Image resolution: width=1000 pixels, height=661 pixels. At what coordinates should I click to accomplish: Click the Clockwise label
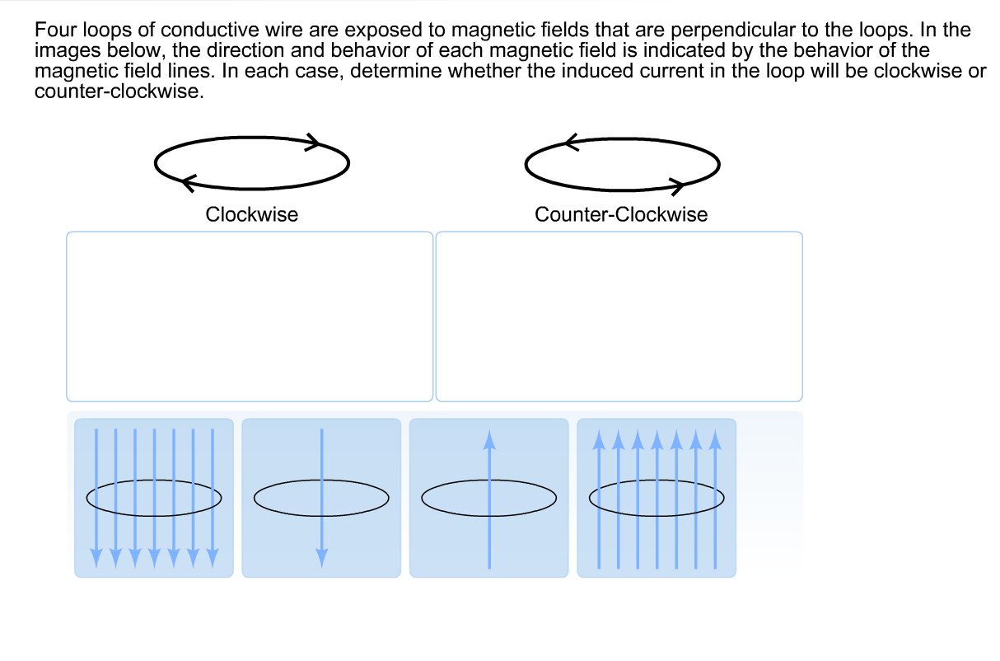[x=251, y=215]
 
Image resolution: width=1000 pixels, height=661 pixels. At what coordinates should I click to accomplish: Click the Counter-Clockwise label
[x=620, y=215]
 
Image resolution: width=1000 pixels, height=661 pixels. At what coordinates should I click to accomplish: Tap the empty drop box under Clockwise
[x=249, y=316]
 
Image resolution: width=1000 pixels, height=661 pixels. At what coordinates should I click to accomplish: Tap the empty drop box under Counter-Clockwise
[x=619, y=316]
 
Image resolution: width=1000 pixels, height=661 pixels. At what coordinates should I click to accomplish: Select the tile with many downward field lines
[x=154, y=498]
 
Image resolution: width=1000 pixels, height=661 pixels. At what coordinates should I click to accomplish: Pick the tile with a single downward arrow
[x=321, y=498]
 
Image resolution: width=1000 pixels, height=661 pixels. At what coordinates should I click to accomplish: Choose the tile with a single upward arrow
[x=488, y=498]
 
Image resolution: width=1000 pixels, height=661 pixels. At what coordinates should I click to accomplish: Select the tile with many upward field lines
[x=657, y=498]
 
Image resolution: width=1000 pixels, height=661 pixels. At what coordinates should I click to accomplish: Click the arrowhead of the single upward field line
[x=489, y=439]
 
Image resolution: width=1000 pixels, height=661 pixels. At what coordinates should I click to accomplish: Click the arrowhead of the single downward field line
[x=321, y=558]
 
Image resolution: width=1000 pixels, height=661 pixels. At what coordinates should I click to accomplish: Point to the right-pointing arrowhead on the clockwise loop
[x=314, y=142]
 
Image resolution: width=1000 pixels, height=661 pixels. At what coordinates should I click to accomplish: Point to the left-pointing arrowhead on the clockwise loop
[x=188, y=179]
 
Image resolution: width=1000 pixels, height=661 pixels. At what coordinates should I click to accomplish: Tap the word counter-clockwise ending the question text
[x=117, y=91]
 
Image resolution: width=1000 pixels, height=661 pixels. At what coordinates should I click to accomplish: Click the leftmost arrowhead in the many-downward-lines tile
[x=96, y=558]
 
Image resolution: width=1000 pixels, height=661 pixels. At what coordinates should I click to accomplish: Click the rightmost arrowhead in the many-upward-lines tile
[x=715, y=439]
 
